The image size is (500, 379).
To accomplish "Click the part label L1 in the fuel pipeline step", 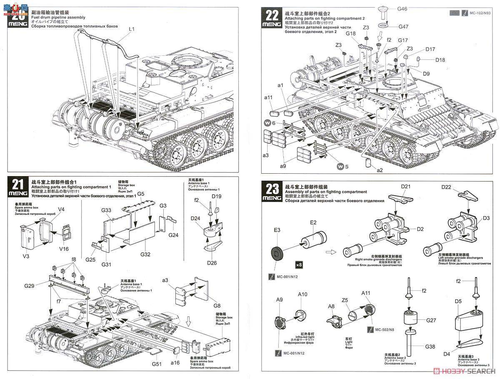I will [131, 29].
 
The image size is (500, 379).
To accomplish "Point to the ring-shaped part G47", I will [382, 26].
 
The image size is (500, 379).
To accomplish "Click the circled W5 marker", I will [341, 167].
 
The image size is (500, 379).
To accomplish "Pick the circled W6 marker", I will [269, 123].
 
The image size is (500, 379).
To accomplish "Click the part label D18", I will [440, 60].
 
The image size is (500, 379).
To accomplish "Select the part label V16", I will [64, 249].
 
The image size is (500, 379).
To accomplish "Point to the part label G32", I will [145, 254].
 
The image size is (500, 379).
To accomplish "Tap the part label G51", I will [157, 364].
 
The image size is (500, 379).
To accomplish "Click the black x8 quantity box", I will [298, 264].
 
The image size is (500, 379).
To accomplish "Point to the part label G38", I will [430, 346].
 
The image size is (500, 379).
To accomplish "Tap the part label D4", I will [446, 354].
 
